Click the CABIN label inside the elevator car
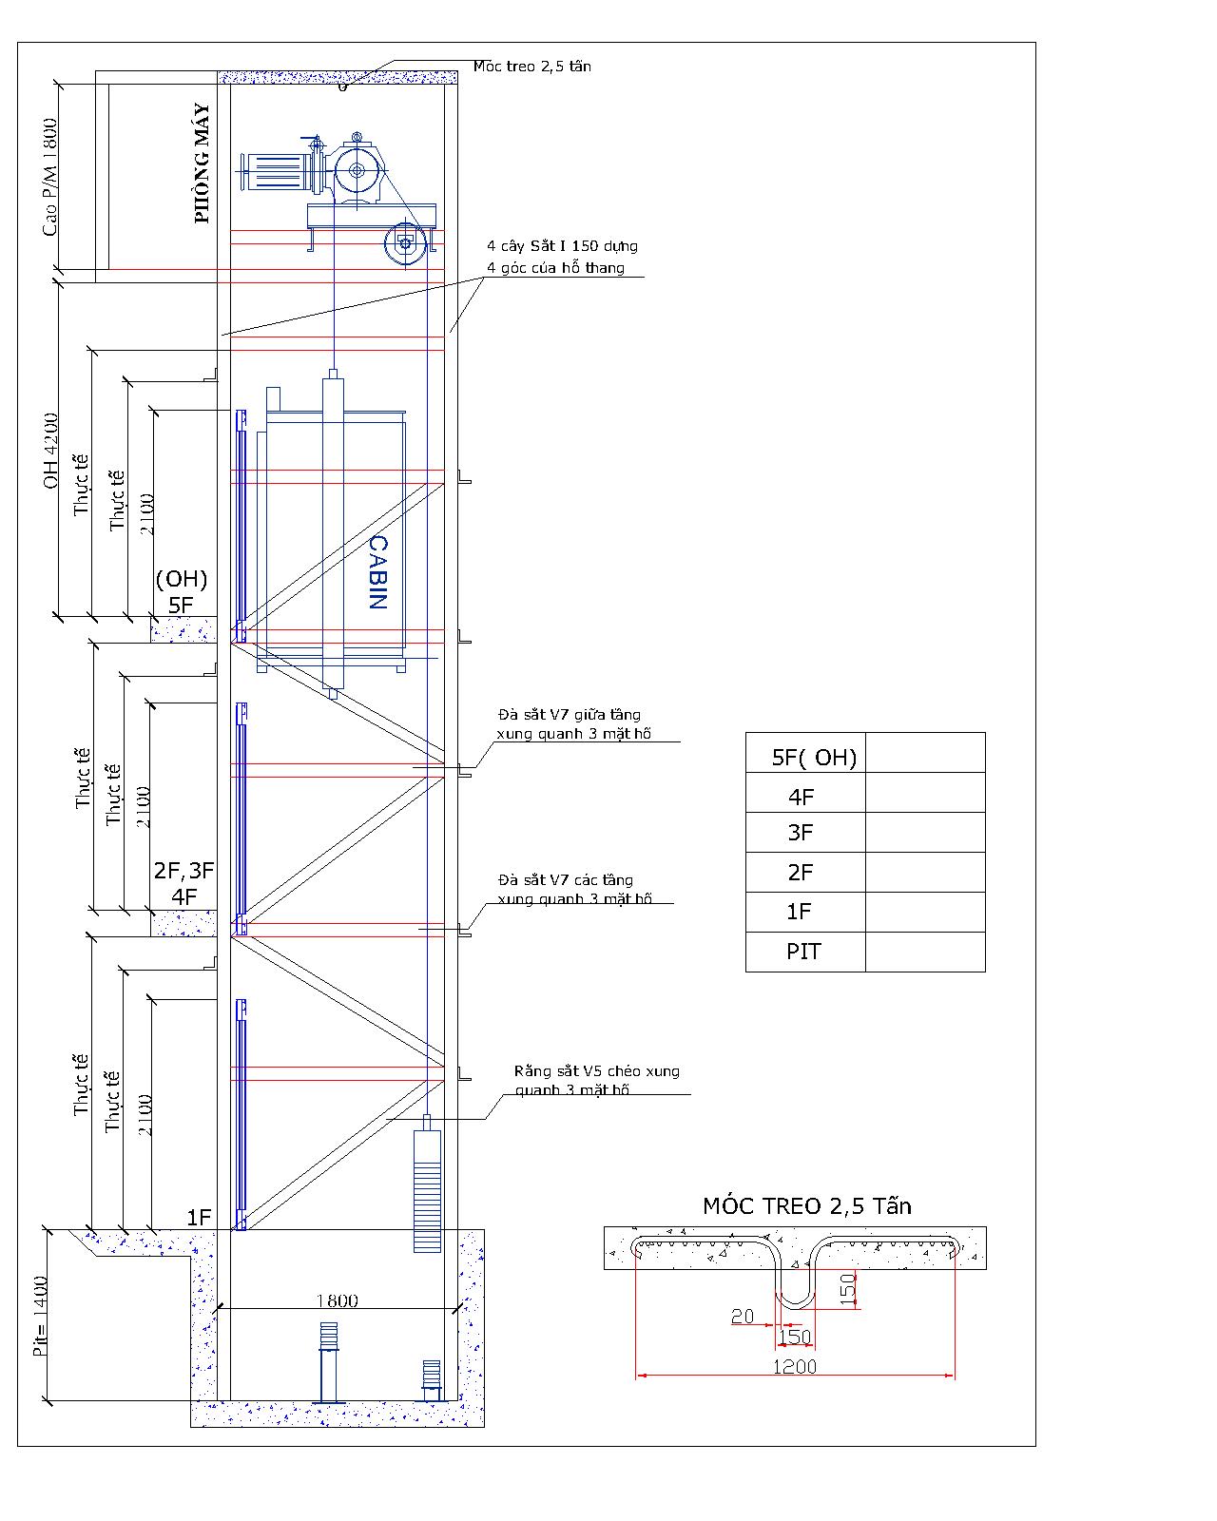point(378,571)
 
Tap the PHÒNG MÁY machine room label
point(203,164)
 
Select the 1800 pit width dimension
point(337,1300)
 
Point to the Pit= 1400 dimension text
point(40,1316)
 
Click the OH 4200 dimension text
point(50,451)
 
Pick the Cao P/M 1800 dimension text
point(49,177)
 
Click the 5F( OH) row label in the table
point(814,758)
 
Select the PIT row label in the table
point(803,952)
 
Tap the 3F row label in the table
point(801,833)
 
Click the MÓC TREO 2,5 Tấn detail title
point(807,1205)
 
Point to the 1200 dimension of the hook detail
point(794,1366)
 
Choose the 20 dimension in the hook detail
point(743,1316)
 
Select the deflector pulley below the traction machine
point(405,244)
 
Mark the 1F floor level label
point(199,1217)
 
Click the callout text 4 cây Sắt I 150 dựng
point(562,246)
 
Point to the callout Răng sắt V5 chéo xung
point(597,1070)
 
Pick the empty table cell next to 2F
point(925,872)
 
